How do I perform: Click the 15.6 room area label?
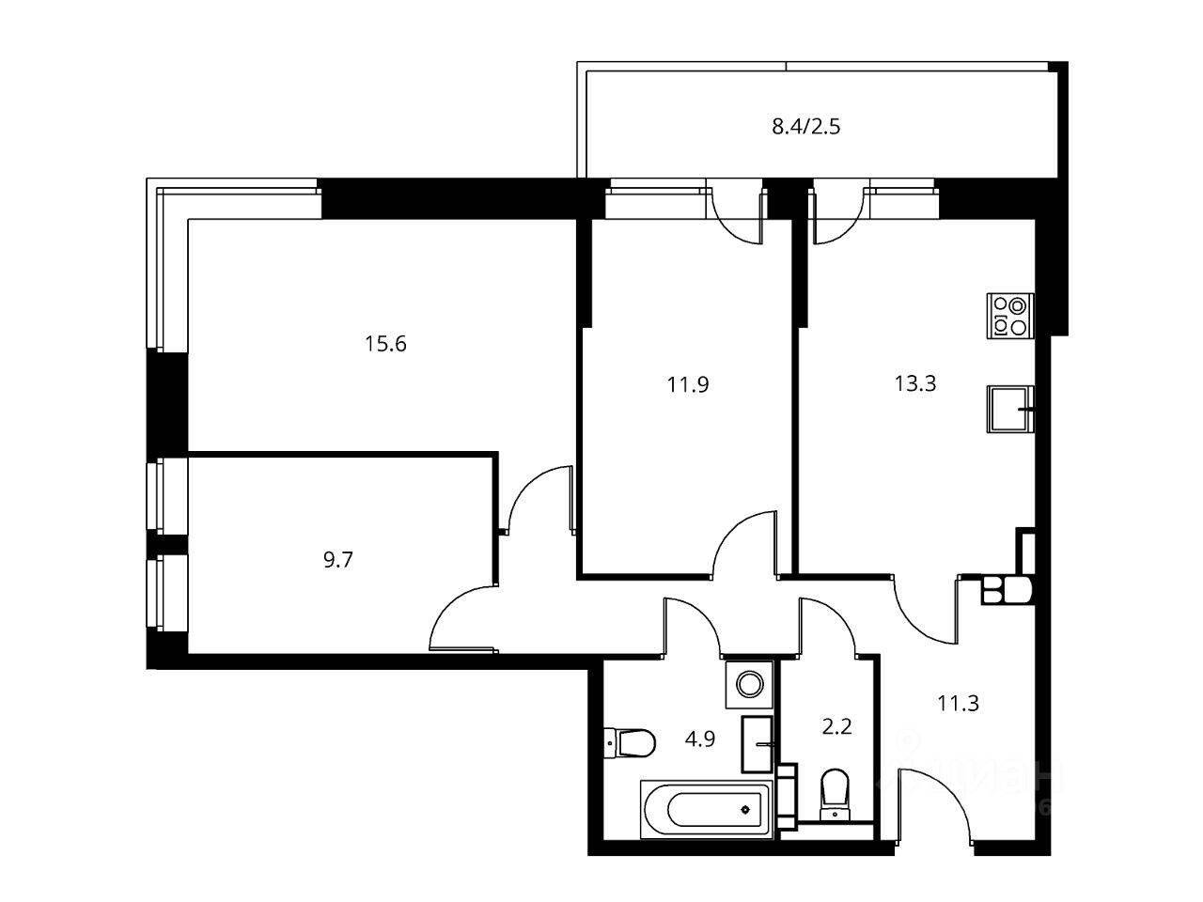click(385, 344)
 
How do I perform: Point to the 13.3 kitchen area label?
click(914, 383)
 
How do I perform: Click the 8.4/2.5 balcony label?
click(805, 126)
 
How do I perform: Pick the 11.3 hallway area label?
click(958, 702)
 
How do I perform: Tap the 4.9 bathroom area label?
click(699, 739)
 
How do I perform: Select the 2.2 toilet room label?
click(836, 726)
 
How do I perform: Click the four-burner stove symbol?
click(1010, 316)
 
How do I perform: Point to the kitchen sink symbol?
click(1010, 409)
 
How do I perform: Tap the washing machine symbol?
click(749, 683)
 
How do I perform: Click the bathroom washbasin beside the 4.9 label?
click(758, 741)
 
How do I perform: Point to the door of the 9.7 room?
click(463, 616)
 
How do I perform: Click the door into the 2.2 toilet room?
click(827, 625)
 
